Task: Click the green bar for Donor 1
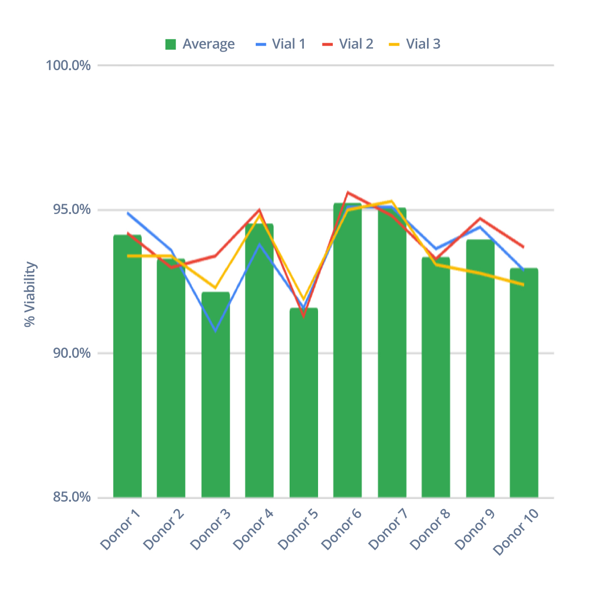(x=127, y=368)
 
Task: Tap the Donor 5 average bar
(x=303, y=402)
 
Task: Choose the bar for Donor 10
(x=524, y=383)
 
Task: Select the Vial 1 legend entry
(x=281, y=44)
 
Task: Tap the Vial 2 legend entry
(x=348, y=44)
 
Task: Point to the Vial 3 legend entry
(x=415, y=44)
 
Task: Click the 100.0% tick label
(x=68, y=65)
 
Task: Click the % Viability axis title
(x=30, y=294)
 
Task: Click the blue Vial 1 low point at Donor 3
(x=215, y=330)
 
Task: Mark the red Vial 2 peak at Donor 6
(x=348, y=192)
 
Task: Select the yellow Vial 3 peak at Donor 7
(x=391, y=201)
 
